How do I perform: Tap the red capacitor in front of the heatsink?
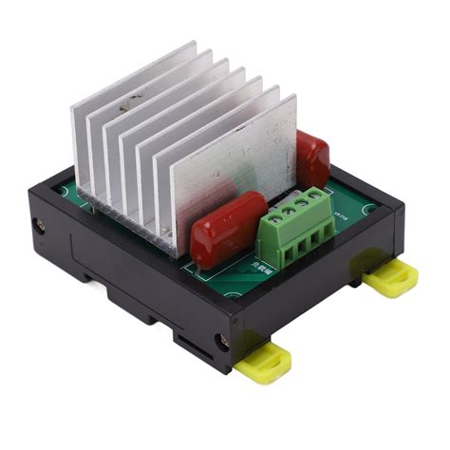point(228,228)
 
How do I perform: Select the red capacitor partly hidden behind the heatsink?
point(312,159)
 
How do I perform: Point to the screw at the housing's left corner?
point(40,226)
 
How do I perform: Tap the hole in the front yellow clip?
point(267,361)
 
